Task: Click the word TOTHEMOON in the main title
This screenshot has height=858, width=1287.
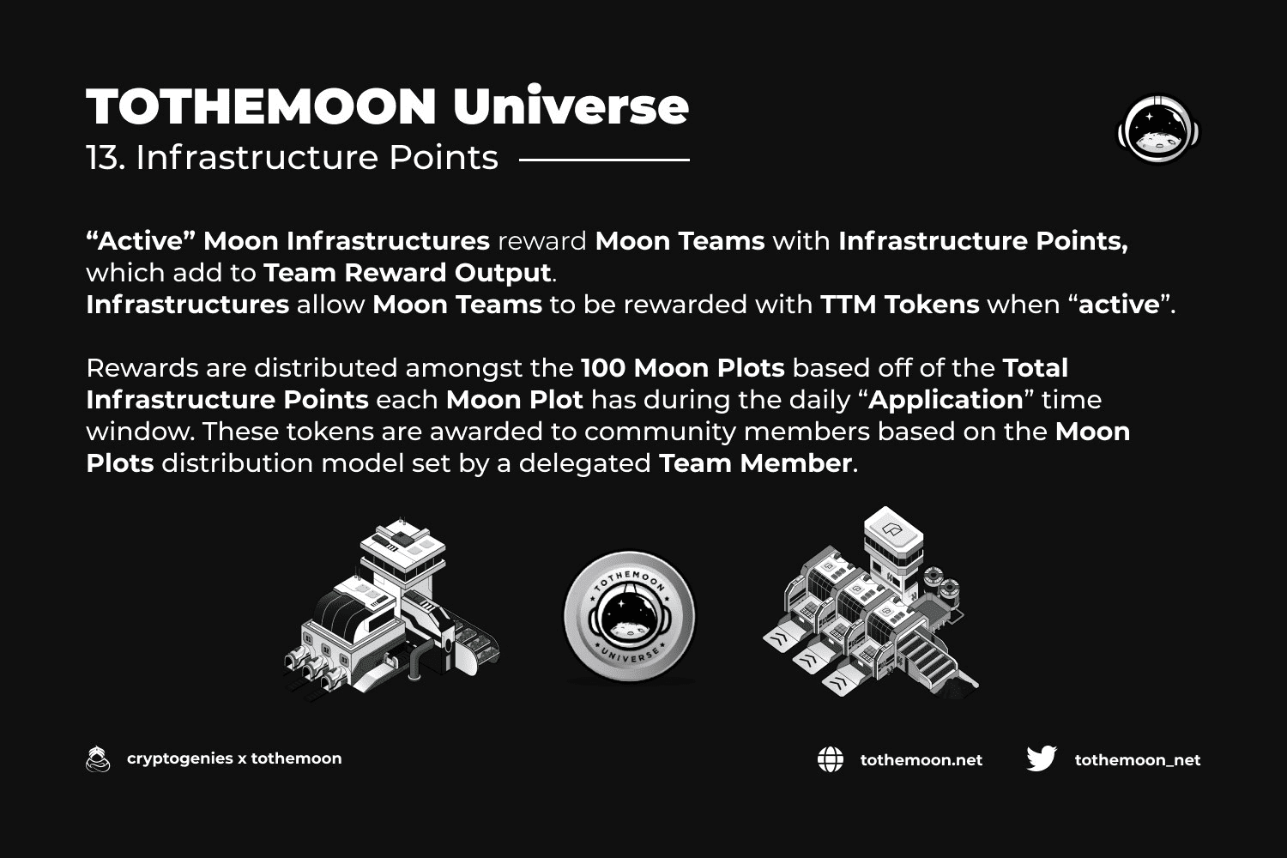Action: (262, 106)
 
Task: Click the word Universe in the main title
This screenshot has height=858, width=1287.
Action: (571, 106)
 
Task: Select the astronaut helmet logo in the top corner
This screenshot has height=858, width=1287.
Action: (1158, 129)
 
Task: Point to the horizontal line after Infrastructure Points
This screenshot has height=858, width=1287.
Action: (604, 160)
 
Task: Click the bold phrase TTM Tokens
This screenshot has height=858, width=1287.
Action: (900, 305)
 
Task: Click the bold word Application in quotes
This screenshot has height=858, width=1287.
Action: (946, 400)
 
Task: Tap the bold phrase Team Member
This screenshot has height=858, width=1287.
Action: (755, 463)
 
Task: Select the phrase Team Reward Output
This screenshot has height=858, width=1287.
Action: (408, 273)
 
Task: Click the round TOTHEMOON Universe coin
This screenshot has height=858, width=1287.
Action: (630, 617)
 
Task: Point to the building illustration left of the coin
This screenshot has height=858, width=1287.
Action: (392, 609)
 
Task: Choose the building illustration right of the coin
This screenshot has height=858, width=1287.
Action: (871, 602)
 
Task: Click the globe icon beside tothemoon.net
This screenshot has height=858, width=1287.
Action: (831, 759)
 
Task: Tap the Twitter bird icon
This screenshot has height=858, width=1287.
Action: (1042, 758)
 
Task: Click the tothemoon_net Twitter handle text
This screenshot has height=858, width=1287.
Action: (1138, 760)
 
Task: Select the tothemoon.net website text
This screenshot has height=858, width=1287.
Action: (921, 760)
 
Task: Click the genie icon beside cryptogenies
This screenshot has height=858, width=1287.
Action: (98, 758)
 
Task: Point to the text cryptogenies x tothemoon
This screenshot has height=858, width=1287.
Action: (234, 758)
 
